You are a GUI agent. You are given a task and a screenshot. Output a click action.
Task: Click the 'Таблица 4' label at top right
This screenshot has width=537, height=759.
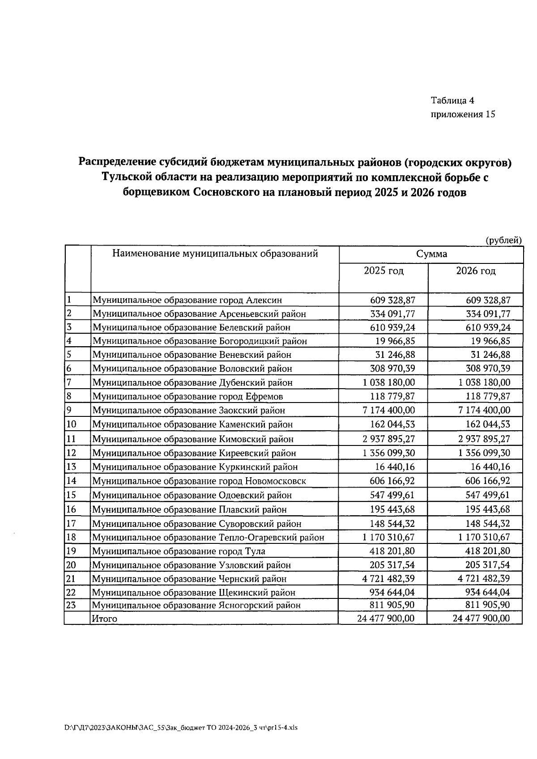[x=452, y=100]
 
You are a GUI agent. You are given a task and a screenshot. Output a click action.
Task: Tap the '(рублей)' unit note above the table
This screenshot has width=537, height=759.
[x=504, y=240]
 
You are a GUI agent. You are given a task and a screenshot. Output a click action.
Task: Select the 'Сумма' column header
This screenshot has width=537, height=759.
[x=431, y=254]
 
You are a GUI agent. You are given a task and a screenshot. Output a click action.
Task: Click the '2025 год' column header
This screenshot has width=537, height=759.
[x=384, y=271]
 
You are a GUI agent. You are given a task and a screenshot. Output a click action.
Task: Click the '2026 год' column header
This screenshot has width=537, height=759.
[x=476, y=271]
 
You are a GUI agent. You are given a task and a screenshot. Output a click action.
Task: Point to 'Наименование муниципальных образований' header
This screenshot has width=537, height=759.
[x=215, y=254]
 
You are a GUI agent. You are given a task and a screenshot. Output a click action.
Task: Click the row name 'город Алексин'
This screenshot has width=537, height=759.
[x=187, y=300]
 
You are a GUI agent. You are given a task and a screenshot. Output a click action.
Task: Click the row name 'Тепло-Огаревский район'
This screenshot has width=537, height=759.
[x=208, y=538]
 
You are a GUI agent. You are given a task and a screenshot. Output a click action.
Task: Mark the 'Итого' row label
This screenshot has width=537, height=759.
[x=104, y=619]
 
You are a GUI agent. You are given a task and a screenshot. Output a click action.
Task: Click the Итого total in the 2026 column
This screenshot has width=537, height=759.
[x=481, y=619]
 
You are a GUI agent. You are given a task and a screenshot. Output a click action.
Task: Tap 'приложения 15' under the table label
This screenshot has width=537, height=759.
[x=463, y=114]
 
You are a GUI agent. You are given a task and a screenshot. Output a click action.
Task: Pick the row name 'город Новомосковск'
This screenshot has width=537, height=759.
[x=199, y=481]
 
